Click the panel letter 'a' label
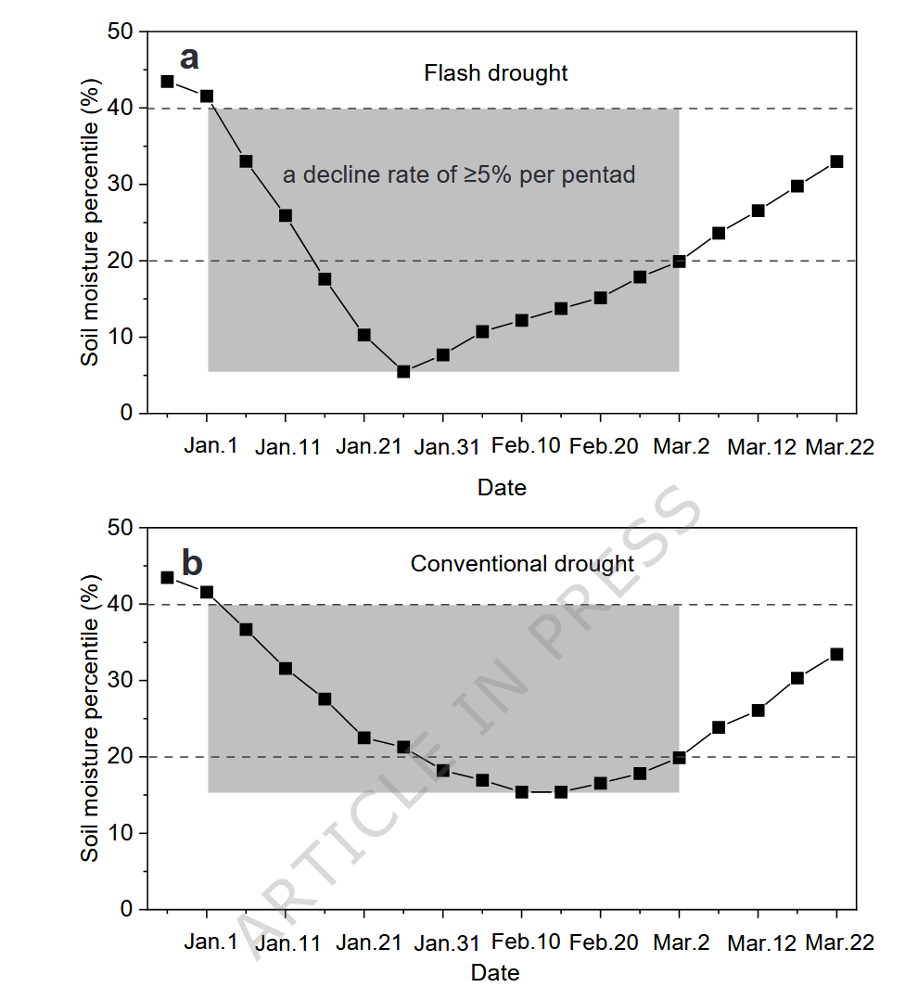tap(189, 58)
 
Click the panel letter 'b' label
tap(191, 562)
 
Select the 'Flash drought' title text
tap(495, 72)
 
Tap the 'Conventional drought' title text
tap(522, 563)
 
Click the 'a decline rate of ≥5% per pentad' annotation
tap(459, 174)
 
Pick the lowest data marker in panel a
tap(403, 371)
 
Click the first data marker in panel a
tap(167, 82)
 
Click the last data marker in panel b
tap(836, 654)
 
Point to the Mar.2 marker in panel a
tap(680, 261)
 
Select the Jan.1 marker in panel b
tap(207, 592)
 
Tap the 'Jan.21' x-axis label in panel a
tap(368, 446)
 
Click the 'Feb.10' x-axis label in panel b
tap(525, 942)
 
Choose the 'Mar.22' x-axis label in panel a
tap(839, 446)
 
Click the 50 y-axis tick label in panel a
tap(122, 32)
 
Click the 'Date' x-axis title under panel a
tap(502, 487)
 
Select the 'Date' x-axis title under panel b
tap(495, 973)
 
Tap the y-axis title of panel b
tap(89, 717)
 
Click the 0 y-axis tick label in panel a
tap(128, 413)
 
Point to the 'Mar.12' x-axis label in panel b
tap(761, 942)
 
